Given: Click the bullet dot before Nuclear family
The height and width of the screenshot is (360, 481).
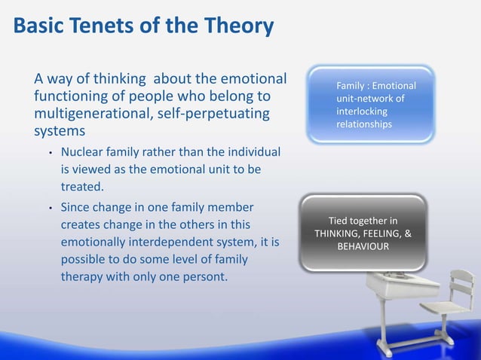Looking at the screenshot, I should click(50, 154).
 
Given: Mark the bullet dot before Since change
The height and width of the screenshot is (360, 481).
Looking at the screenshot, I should click(50, 208).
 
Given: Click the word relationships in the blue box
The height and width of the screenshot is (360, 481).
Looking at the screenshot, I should click(364, 124).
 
